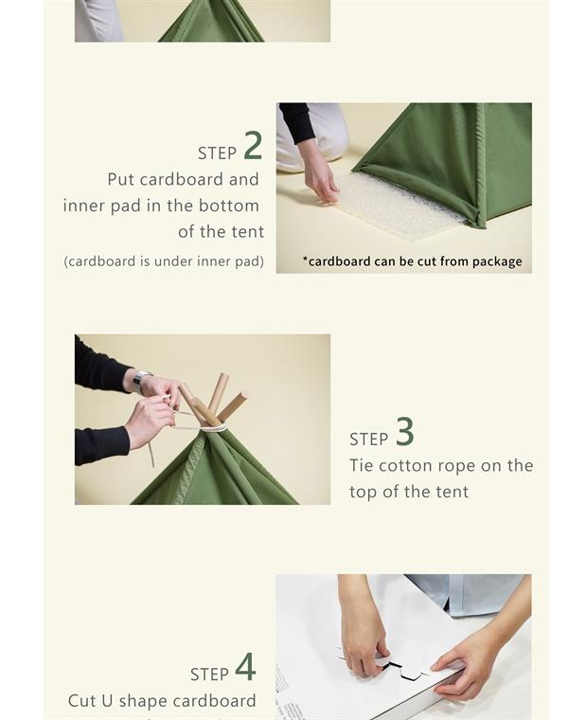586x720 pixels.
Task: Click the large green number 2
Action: [253, 145]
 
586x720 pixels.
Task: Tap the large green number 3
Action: [405, 431]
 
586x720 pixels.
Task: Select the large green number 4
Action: [245, 667]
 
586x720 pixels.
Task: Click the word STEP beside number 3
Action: [369, 440]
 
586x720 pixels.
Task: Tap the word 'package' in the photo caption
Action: [497, 261]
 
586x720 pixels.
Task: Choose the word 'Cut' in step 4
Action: [82, 701]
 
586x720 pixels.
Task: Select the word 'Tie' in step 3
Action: [361, 465]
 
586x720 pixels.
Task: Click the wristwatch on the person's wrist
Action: [140, 381]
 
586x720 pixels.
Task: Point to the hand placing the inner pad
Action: [320, 171]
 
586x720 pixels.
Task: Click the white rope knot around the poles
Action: [213, 428]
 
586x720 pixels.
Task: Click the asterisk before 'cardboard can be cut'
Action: [305, 259]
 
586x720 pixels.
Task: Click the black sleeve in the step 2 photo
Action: [297, 122]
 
